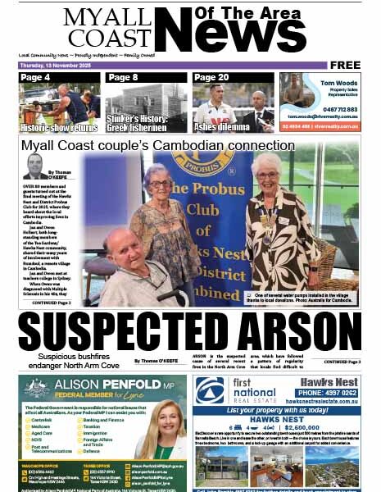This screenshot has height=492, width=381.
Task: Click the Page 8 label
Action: point(123,78)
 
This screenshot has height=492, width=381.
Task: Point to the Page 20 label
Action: point(211,78)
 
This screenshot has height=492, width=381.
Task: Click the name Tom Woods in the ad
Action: point(336,83)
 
